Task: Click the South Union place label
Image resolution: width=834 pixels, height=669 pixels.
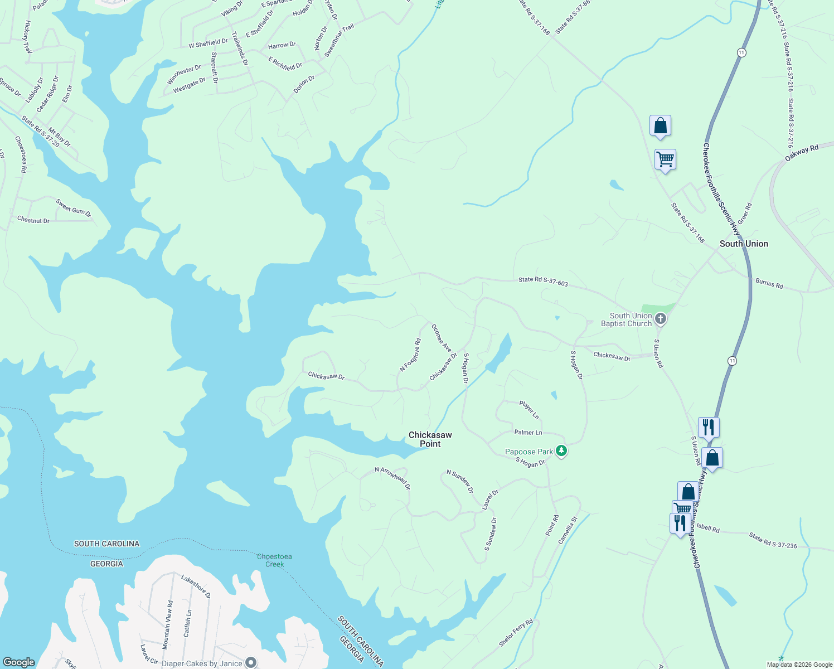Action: [x=744, y=244]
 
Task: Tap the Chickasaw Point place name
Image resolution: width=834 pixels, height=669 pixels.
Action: [x=430, y=439]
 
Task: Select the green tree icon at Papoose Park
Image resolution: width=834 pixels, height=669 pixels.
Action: [x=561, y=451]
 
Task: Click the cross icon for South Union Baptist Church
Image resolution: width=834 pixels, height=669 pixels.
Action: [x=661, y=319]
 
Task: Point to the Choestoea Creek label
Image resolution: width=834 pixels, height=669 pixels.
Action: [x=274, y=560]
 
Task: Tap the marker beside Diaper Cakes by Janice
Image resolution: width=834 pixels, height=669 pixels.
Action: [x=251, y=662]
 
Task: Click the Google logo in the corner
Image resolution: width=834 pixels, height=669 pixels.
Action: [x=18, y=662]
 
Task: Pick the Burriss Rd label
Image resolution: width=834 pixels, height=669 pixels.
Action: [x=769, y=283]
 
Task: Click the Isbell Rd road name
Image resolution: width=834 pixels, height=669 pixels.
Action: [x=707, y=528]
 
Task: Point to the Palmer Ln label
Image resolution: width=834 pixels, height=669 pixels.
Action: [x=528, y=433]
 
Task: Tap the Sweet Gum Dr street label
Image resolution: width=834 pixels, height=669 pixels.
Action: [x=73, y=207]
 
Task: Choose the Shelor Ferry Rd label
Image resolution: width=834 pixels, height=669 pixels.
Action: [x=516, y=633]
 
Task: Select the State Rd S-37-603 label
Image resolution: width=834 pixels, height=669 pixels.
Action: [x=543, y=282]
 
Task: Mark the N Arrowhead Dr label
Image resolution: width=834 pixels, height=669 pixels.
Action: [x=392, y=478]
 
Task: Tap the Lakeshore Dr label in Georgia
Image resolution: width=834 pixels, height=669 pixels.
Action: [x=196, y=586]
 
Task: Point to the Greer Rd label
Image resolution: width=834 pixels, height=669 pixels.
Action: [x=745, y=214]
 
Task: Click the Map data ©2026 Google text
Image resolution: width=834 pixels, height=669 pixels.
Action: [x=798, y=665]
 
